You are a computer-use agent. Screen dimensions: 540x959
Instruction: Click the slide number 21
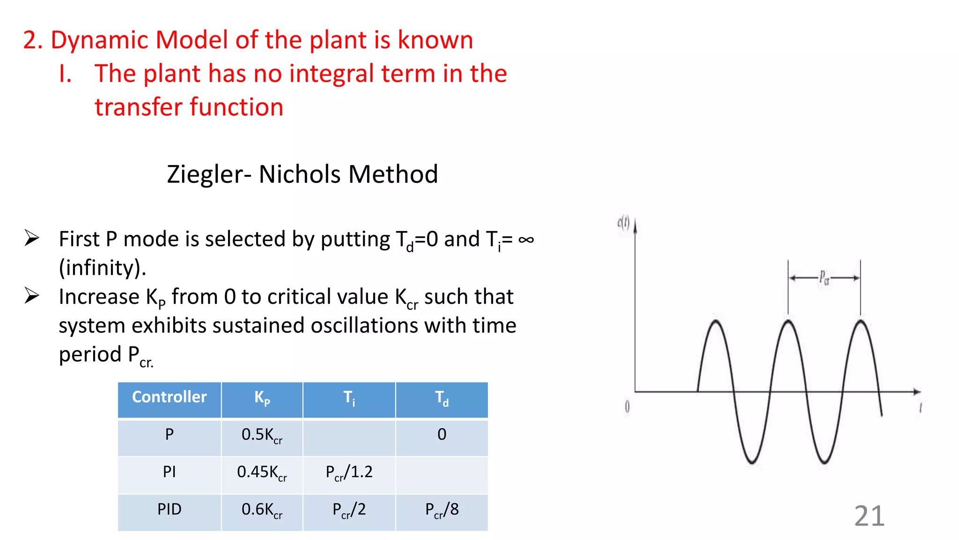tap(869, 516)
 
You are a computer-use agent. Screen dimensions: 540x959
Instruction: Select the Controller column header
tap(169, 397)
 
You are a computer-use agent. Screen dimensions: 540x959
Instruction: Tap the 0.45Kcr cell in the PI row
tap(262, 472)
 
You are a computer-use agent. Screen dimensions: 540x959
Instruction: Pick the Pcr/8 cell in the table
tap(442, 510)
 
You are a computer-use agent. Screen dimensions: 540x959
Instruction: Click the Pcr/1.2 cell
tap(349, 472)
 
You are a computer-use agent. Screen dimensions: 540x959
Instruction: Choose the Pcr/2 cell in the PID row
tap(349, 510)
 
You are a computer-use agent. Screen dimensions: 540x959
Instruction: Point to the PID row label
tap(169, 510)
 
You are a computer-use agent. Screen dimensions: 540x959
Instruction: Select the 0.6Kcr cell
tap(262, 510)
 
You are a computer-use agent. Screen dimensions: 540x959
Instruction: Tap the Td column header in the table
tap(442, 398)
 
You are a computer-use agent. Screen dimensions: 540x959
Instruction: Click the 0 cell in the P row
tap(442, 435)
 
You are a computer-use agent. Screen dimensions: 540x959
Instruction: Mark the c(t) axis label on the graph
tap(623, 222)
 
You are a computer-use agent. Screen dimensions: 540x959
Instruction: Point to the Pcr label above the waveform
tap(824, 277)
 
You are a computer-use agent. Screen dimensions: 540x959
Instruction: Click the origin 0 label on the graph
tap(627, 407)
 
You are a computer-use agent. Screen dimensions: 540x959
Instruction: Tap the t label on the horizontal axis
tap(920, 408)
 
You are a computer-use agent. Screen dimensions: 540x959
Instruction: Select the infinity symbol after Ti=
tap(526, 240)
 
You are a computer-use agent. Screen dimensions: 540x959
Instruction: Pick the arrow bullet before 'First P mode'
tap(32, 238)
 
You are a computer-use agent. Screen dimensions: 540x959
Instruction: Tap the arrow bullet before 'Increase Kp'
tap(32, 296)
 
